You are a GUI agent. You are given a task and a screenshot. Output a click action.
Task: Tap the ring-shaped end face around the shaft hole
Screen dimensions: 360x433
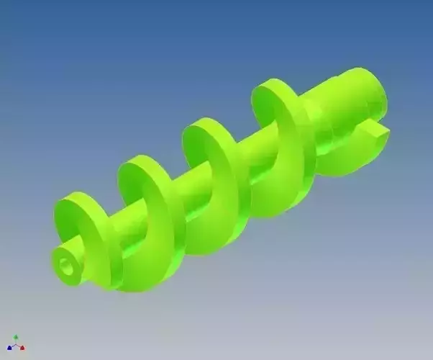point(60,261)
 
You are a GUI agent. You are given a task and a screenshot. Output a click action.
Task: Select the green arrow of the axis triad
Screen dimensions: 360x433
point(16,336)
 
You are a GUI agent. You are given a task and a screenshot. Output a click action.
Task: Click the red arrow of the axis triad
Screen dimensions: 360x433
point(22,348)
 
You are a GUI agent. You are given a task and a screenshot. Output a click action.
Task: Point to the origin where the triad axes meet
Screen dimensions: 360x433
point(16,345)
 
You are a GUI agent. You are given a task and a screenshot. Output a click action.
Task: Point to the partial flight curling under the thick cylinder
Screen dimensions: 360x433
point(345,155)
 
